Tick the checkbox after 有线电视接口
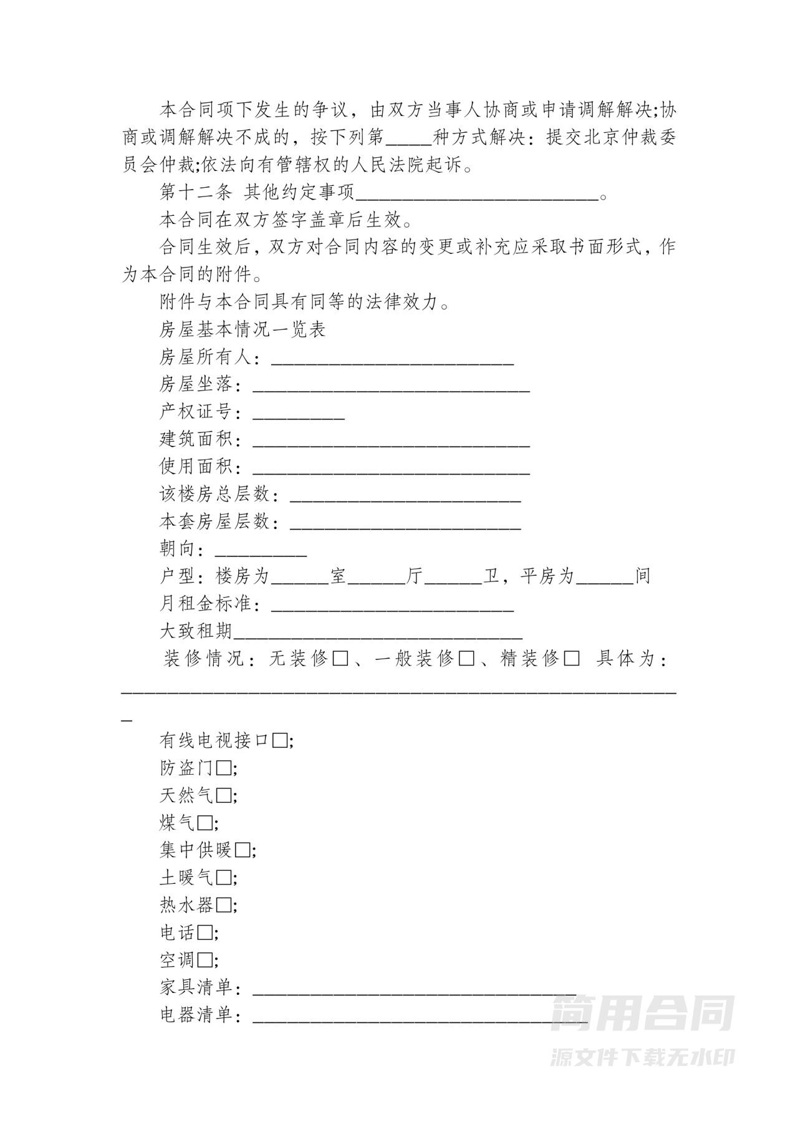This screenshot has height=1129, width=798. (281, 740)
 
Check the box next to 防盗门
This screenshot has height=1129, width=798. (224, 768)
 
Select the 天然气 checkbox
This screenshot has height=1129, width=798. (224, 795)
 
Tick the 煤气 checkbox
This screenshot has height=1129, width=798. (205, 823)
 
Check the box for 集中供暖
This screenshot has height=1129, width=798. (243, 850)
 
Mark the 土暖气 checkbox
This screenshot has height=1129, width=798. (224, 878)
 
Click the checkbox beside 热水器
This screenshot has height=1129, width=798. (224, 905)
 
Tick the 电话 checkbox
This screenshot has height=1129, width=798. (205, 933)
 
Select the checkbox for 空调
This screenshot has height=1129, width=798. (205, 960)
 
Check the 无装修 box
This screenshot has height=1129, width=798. (340, 659)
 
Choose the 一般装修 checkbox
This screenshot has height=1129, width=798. (466, 659)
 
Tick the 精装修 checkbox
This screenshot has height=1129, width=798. (571, 659)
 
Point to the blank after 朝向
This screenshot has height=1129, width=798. (261, 551)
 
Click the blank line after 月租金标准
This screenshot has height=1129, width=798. (393, 606)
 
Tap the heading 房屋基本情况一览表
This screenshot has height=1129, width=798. (243, 330)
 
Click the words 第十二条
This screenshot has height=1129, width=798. (196, 193)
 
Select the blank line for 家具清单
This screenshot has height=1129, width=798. (414, 987)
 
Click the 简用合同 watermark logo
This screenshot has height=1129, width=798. (642, 1013)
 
